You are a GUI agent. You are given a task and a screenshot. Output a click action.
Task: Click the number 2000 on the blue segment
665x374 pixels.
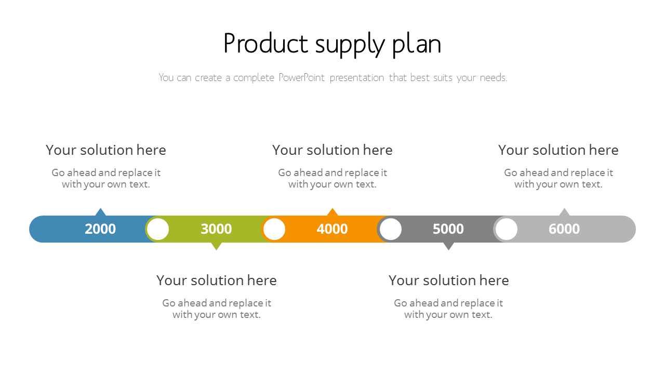pyautogui.click(x=100, y=229)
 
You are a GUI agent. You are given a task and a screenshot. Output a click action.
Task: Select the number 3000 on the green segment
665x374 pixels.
pyautogui.click(x=216, y=229)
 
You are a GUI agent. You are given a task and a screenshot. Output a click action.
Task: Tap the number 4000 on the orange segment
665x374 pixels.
pyautogui.click(x=332, y=229)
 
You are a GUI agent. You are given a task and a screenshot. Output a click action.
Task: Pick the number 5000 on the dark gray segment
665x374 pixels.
pyautogui.click(x=448, y=229)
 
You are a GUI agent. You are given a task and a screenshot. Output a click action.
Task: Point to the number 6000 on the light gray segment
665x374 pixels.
pyautogui.click(x=564, y=229)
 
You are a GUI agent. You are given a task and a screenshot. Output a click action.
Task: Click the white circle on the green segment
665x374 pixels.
pyautogui.click(x=158, y=229)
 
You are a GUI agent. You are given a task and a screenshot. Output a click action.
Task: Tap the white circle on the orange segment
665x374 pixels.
pyautogui.click(x=274, y=229)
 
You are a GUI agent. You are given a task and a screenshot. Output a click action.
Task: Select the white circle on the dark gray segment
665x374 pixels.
pyautogui.click(x=391, y=229)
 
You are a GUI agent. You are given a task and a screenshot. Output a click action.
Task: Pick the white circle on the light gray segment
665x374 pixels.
pyautogui.click(x=507, y=229)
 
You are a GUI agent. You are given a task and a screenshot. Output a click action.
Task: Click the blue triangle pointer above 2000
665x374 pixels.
pyautogui.click(x=101, y=212)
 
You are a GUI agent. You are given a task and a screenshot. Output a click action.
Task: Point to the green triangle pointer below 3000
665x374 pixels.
pyautogui.click(x=217, y=246)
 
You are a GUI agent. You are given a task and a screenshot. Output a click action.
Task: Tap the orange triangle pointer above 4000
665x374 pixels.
pyautogui.click(x=332, y=212)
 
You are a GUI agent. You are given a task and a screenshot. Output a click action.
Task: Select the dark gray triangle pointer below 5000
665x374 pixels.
pyautogui.click(x=448, y=246)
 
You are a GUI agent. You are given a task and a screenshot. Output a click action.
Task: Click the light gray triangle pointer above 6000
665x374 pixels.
pyautogui.click(x=564, y=212)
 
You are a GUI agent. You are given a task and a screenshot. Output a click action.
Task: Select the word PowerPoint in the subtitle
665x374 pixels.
pyautogui.click(x=302, y=78)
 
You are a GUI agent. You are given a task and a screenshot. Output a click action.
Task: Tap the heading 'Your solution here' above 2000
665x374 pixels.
pyautogui.click(x=106, y=150)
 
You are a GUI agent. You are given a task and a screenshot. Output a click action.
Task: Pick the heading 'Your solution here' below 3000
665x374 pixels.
pyautogui.click(x=217, y=280)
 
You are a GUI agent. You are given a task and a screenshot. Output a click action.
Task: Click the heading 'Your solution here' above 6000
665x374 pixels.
pyautogui.click(x=558, y=150)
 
